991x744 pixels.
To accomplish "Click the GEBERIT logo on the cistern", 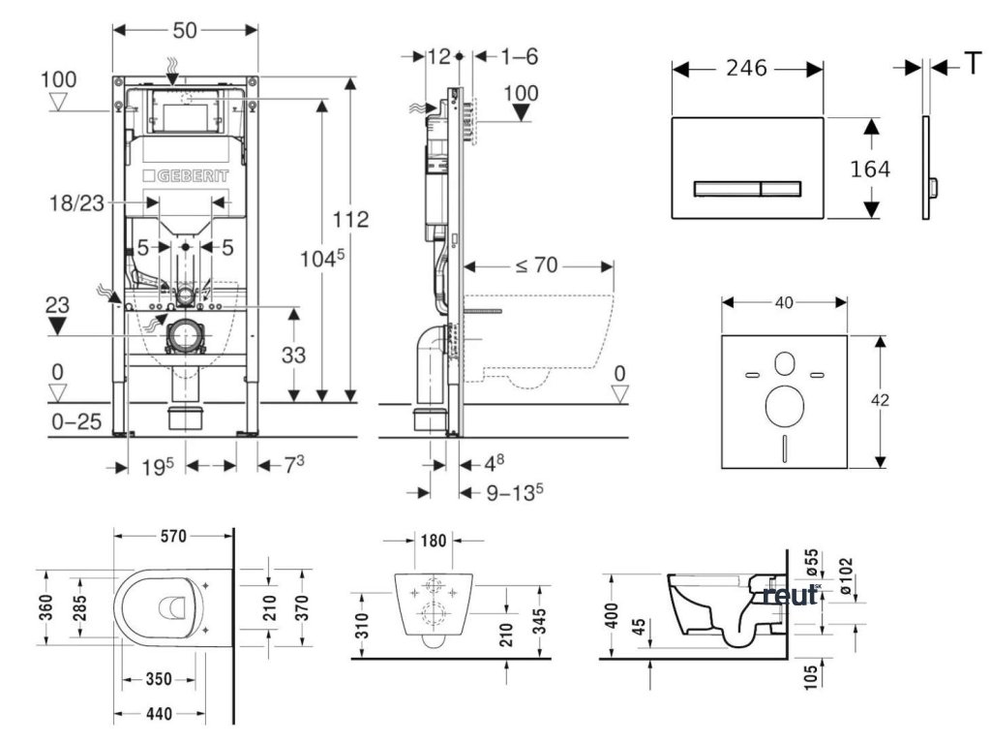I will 185,176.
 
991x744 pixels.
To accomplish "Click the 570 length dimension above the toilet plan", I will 174,537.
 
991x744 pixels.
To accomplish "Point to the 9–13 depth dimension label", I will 512,492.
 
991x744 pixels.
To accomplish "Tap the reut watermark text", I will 790,595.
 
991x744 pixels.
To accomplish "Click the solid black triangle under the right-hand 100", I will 524,112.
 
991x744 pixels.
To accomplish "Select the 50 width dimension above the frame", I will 185,29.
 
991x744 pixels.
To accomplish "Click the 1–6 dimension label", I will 519,56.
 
